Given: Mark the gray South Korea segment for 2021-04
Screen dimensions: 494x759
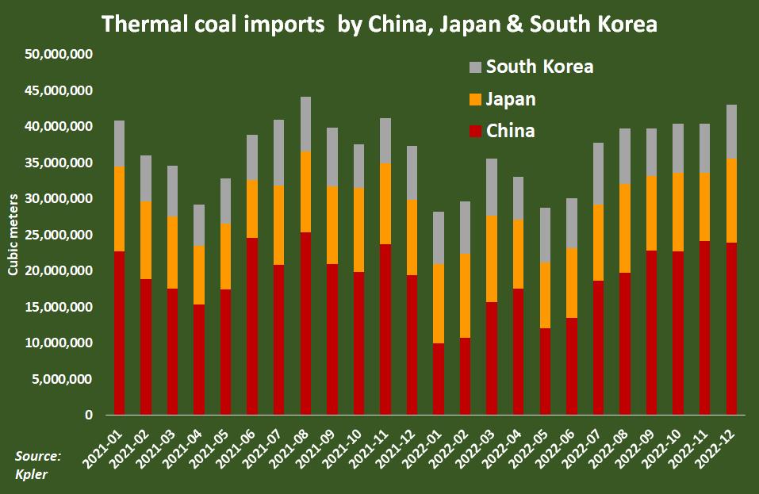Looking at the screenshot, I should pos(199,225).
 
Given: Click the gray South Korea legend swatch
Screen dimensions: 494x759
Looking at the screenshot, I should pos(475,67).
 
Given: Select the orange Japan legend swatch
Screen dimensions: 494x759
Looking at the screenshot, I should pos(475,99).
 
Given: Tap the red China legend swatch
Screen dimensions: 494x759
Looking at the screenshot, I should pos(475,131).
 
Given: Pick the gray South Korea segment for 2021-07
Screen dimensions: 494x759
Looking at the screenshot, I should pos(279,153).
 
